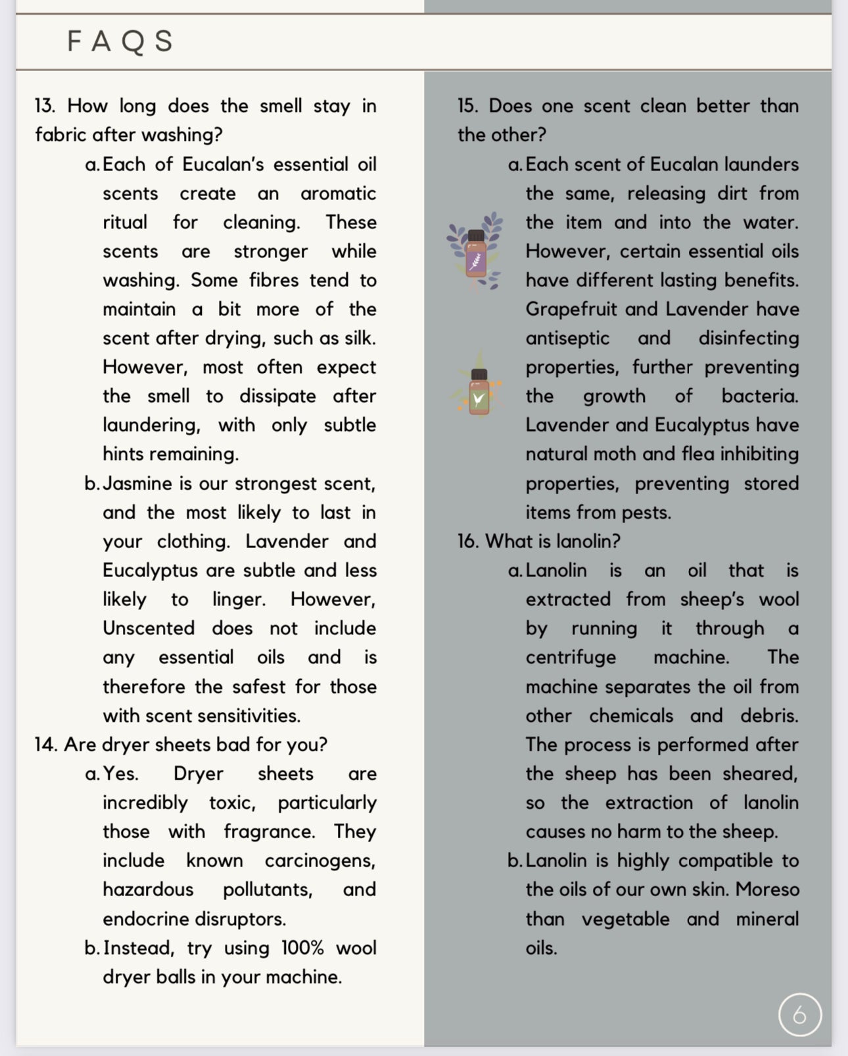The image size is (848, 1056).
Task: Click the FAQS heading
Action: coord(120,41)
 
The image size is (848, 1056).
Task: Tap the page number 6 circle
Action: coord(799,1015)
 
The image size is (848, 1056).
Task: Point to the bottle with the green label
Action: coord(479,392)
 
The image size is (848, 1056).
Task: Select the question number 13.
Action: coord(45,106)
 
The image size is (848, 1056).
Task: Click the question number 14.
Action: coord(45,745)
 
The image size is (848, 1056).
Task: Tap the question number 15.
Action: coord(468,106)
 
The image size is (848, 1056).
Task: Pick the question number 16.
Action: coord(468,541)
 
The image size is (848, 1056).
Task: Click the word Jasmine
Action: coord(138,484)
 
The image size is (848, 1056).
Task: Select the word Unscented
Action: coord(149,628)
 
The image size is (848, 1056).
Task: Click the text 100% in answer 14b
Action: coord(302,948)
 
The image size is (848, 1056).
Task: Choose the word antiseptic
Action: coord(567,338)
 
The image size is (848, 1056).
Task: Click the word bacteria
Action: coord(759,396)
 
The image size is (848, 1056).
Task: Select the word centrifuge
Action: coord(571,657)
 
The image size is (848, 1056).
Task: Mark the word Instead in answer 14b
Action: coord(138,948)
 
